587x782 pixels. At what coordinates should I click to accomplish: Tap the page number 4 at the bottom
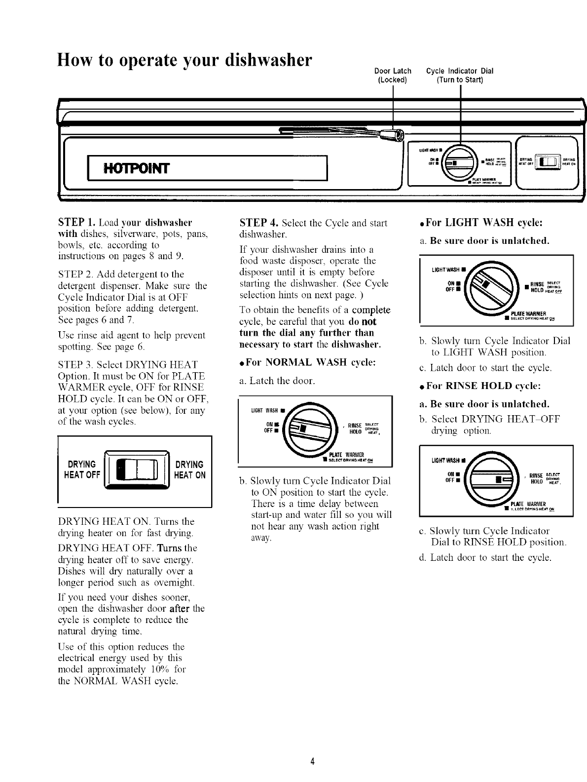tap(312, 760)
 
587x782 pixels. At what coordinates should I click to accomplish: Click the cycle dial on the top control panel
tap(460, 162)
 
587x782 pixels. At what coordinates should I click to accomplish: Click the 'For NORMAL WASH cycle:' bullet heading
tap(307, 362)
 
